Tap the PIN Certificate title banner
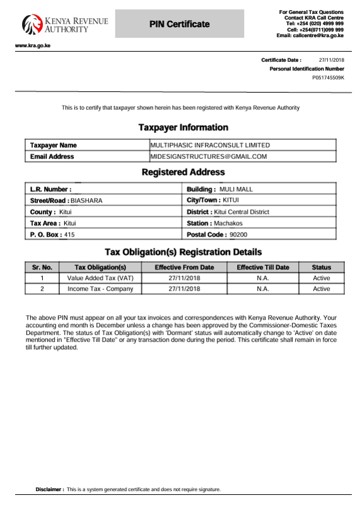179,24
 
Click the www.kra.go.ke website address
33,46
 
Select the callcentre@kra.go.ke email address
317,35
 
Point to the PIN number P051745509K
328,78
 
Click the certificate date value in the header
332,60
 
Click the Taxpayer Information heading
183,127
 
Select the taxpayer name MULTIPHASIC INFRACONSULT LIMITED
210,145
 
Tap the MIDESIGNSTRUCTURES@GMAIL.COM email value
209,156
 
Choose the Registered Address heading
183,171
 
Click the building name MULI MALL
236,189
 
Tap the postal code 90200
238,235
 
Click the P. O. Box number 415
69,235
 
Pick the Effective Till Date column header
263,267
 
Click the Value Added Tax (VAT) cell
100,278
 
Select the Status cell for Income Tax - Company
322,289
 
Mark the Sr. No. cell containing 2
42,289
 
